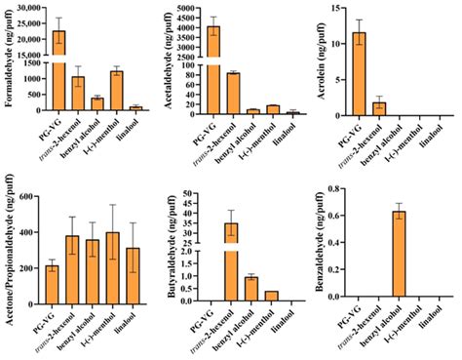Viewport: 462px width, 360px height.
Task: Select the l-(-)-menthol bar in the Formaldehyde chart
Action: [x=117, y=93]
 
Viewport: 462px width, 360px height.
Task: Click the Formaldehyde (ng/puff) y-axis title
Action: [x=7, y=59]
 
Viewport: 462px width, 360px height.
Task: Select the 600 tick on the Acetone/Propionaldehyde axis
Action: [x=28, y=197]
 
